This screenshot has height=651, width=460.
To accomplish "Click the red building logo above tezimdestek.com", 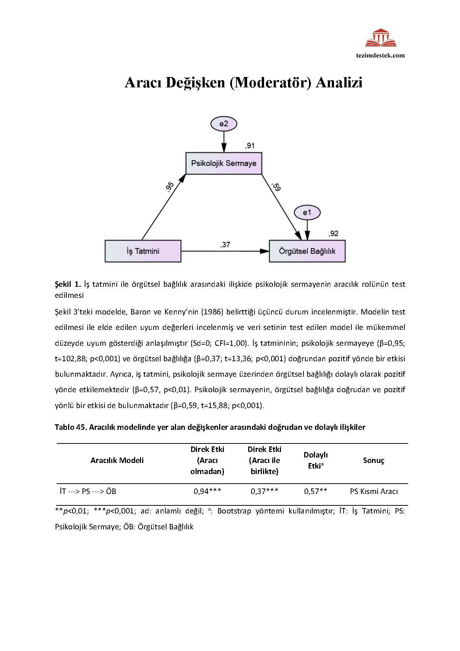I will click(381, 38).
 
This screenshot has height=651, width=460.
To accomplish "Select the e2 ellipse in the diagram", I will click(224, 124).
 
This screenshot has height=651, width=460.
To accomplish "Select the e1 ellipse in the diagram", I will click(307, 212).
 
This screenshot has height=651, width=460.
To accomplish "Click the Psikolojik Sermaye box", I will click(224, 163).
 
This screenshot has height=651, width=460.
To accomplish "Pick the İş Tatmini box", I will click(143, 251).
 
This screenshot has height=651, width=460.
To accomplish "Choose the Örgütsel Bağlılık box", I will click(307, 251).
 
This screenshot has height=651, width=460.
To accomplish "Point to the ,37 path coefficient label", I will click(225, 244).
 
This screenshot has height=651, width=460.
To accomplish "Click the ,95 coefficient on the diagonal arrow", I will click(169, 187).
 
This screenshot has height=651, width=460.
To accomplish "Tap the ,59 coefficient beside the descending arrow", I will click(276, 187).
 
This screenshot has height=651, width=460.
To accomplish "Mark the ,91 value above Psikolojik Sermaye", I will click(250, 146).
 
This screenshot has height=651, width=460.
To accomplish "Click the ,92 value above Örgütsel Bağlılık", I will click(333, 234).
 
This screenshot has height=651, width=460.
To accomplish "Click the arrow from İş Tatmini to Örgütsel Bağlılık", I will click(225, 251).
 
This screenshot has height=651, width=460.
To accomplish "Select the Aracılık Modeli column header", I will click(117, 460).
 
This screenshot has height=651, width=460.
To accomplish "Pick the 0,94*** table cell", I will click(207, 491).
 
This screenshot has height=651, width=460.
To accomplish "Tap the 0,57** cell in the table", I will click(316, 491).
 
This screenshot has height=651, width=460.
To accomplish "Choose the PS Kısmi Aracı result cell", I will click(373, 491).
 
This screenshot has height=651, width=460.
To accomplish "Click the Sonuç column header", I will click(373, 460).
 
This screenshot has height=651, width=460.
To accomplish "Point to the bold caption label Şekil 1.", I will click(67, 284).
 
